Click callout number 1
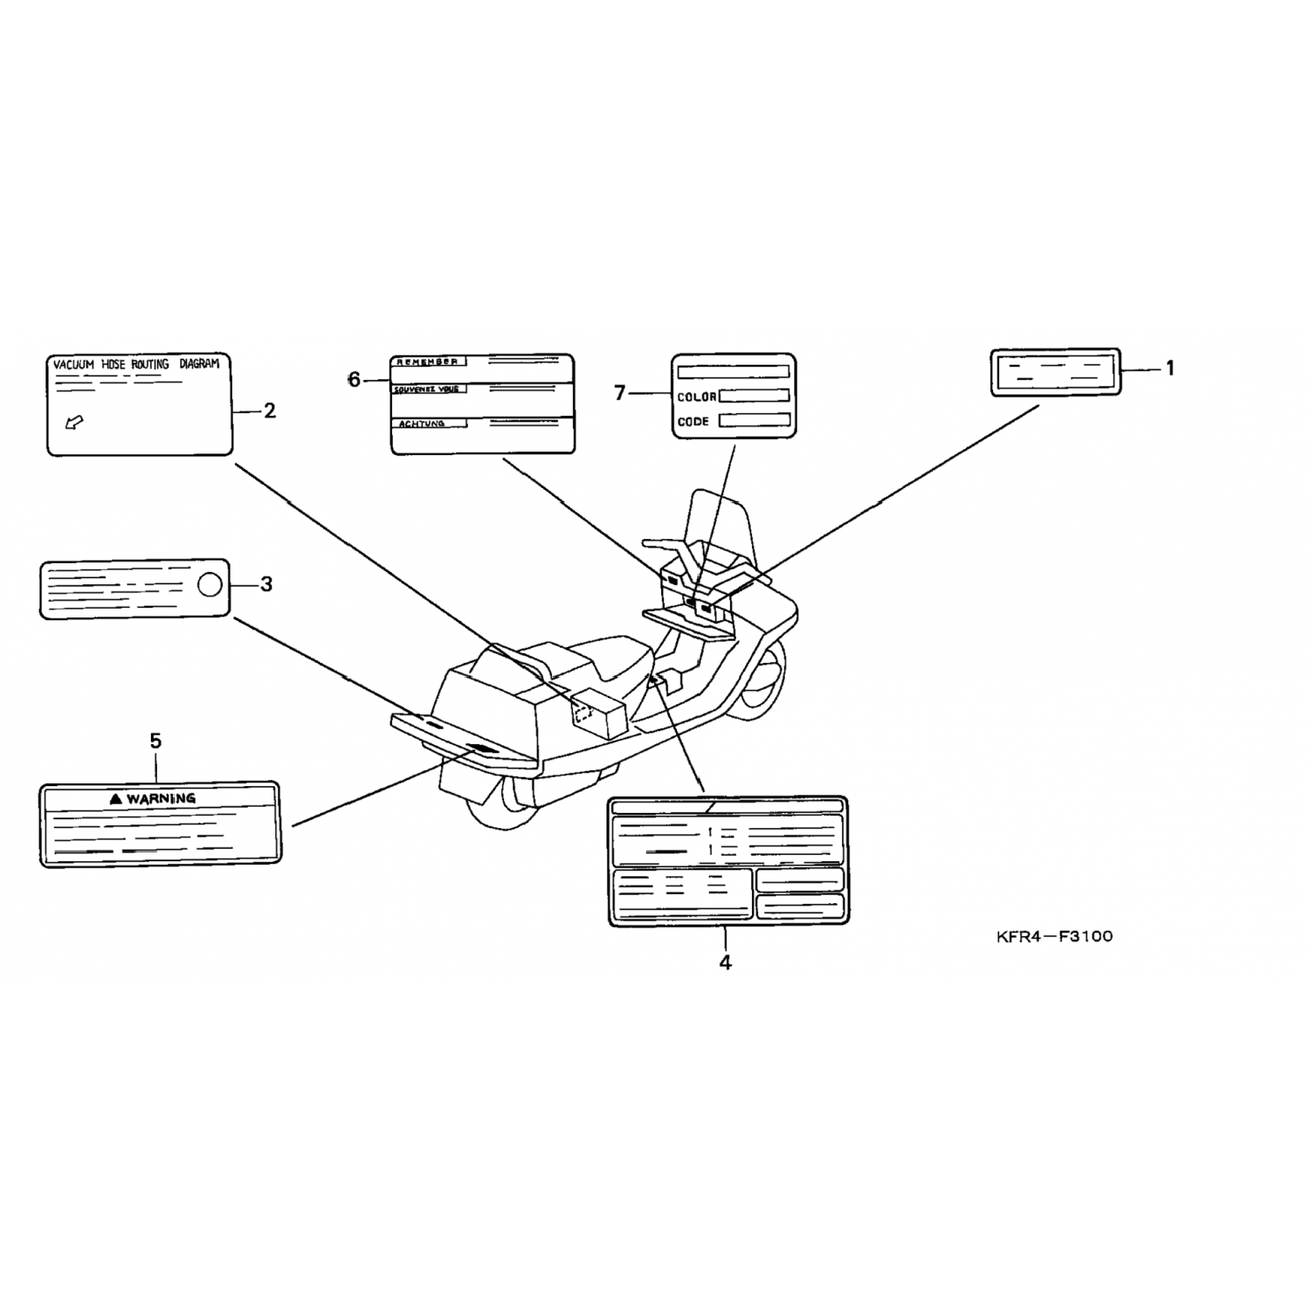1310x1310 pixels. pos(1169,369)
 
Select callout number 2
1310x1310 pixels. pos(269,410)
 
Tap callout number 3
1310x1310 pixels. pos(266,584)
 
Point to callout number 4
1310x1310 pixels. pos(725,962)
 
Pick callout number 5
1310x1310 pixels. pos(155,741)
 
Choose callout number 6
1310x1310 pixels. pos(354,380)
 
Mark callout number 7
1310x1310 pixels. pos(620,394)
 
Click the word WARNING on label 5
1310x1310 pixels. pos(161,798)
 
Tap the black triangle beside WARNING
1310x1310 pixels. pos(115,798)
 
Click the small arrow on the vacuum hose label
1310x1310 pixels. pos(75,424)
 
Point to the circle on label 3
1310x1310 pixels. pos(210,583)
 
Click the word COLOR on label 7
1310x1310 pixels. pos(696,397)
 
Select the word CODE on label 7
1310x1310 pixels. pos(693,421)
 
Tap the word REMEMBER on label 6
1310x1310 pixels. pos(426,362)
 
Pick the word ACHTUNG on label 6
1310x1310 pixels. pos(421,424)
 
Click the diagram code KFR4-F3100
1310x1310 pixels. pos(1054,937)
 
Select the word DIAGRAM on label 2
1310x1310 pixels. pos(199,363)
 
